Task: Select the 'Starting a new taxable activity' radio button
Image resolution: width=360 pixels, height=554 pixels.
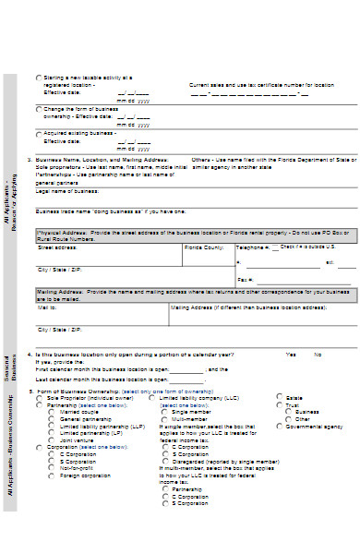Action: (x=38, y=78)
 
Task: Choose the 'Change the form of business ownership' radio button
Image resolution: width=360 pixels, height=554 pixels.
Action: (x=38, y=109)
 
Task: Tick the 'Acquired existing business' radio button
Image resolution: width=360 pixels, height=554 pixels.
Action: (x=38, y=133)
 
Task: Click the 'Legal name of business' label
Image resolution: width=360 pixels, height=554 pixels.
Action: (x=66, y=191)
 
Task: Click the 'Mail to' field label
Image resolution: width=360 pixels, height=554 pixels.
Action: (x=45, y=307)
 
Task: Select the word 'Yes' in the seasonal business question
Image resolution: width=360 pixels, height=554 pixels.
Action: (x=291, y=354)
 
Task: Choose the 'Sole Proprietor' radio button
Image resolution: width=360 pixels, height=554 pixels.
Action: (x=39, y=397)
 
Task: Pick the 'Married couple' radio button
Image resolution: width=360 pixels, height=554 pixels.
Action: (x=52, y=411)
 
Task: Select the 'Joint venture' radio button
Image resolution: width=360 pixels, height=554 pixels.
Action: (x=52, y=438)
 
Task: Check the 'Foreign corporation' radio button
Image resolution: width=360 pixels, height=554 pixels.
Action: (x=52, y=476)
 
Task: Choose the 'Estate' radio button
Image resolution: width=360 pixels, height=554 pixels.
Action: (x=280, y=397)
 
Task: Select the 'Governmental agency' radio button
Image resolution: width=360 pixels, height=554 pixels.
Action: (x=280, y=427)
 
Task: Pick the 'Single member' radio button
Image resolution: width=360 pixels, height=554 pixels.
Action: (x=166, y=411)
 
